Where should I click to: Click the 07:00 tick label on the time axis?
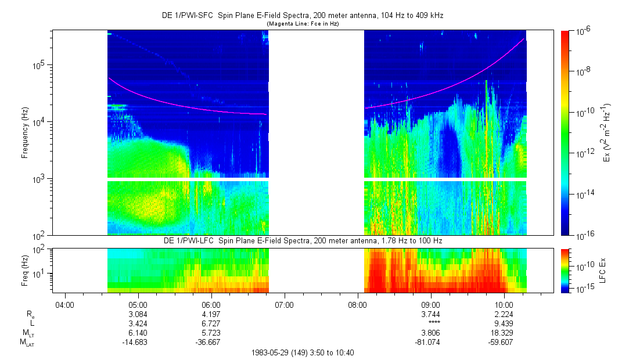[x=284, y=304]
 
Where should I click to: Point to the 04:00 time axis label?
[x=64, y=304]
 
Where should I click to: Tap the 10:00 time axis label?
[x=504, y=304]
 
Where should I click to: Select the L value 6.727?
[x=211, y=323]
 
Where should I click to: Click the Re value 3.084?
[x=138, y=314]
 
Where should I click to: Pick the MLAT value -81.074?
[x=430, y=341]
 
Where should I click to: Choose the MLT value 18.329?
[x=504, y=332]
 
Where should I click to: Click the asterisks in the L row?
[x=430, y=323]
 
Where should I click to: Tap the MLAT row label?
[x=27, y=342]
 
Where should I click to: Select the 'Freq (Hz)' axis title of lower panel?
[x=25, y=269]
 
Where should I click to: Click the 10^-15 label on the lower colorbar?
[x=585, y=289]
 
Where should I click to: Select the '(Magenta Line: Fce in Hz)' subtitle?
[x=302, y=24]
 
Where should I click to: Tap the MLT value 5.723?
[x=211, y=332]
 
